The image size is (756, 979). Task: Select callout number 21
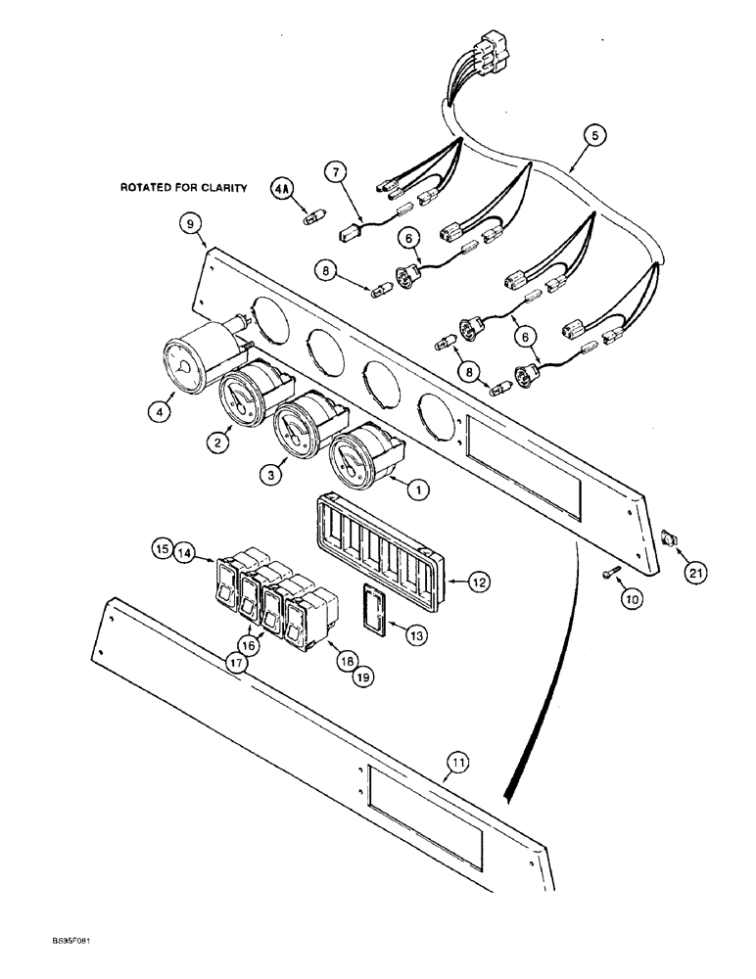[694, 575]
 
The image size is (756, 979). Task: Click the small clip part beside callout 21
[669, 536]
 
